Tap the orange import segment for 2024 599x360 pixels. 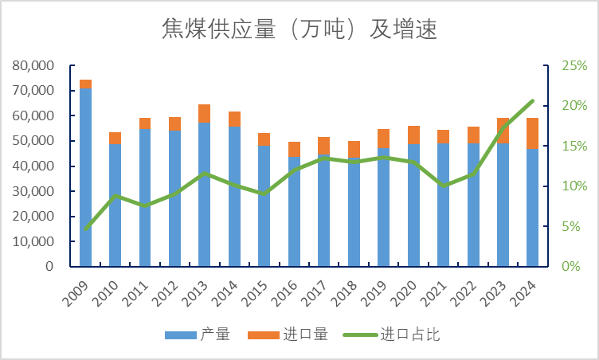coord(532,133)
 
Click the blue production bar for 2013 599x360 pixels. coord(205,194)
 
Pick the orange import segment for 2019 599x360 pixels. coord(383,139)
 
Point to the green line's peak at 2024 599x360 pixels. coord(532,101)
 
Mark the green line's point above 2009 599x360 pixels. coord(85,229)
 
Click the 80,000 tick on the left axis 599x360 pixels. coord(34,65)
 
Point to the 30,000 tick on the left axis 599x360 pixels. coord(34,191)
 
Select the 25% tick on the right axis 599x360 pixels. coord(574,65)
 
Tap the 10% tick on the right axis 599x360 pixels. coord(574,186)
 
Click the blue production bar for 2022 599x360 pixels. coord(473,205)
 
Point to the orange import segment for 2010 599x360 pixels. coord(115,139)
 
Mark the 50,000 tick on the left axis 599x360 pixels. coord(34,141)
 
